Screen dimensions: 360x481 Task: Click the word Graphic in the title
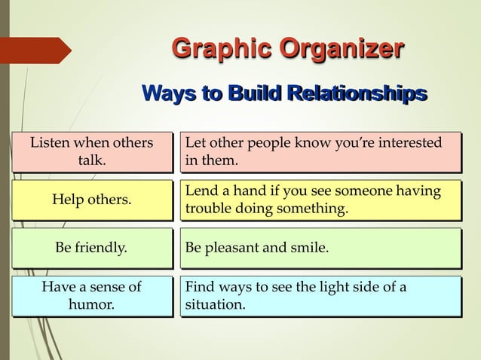[x=222, y=51]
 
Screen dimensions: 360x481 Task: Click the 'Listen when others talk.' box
[x=90, y=151]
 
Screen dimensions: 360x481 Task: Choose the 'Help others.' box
[x=90, y=200]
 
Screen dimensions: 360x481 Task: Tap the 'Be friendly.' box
[x=90, y=247]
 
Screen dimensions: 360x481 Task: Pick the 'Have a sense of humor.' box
[x=90, y=295]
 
